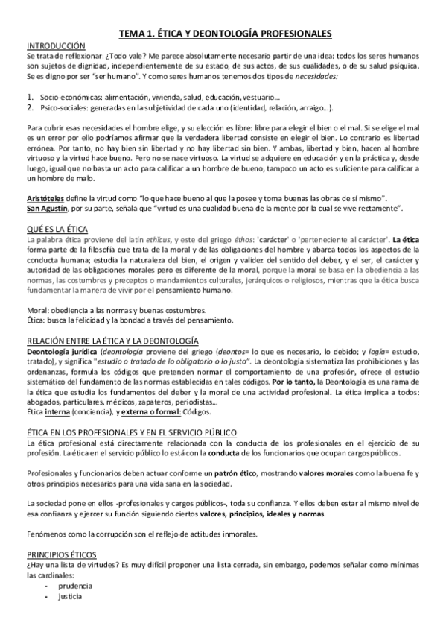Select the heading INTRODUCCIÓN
pos(56,45)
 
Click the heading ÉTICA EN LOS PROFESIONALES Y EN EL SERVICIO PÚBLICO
pos(131,432)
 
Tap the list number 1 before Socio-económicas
pos(30,98)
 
